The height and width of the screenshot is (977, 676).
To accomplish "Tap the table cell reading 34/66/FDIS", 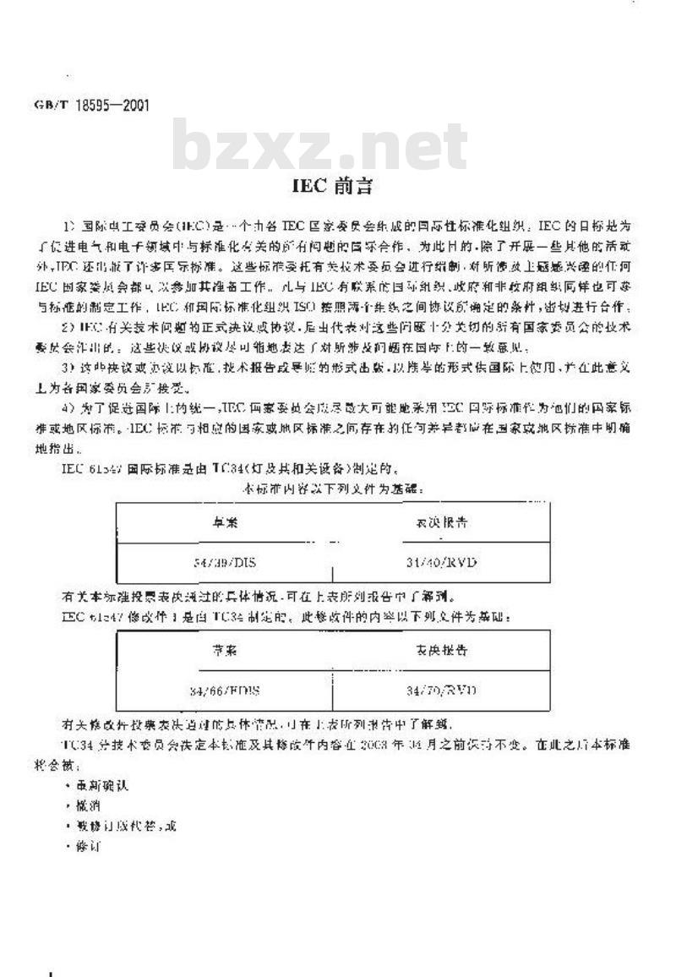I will pyautogui.click(x=223, y=690).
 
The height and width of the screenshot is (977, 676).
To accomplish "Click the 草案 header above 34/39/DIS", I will pyautogui.click(x=224, y=522).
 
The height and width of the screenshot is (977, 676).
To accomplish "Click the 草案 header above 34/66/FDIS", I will pyautogui.click(x=224, y=651).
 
